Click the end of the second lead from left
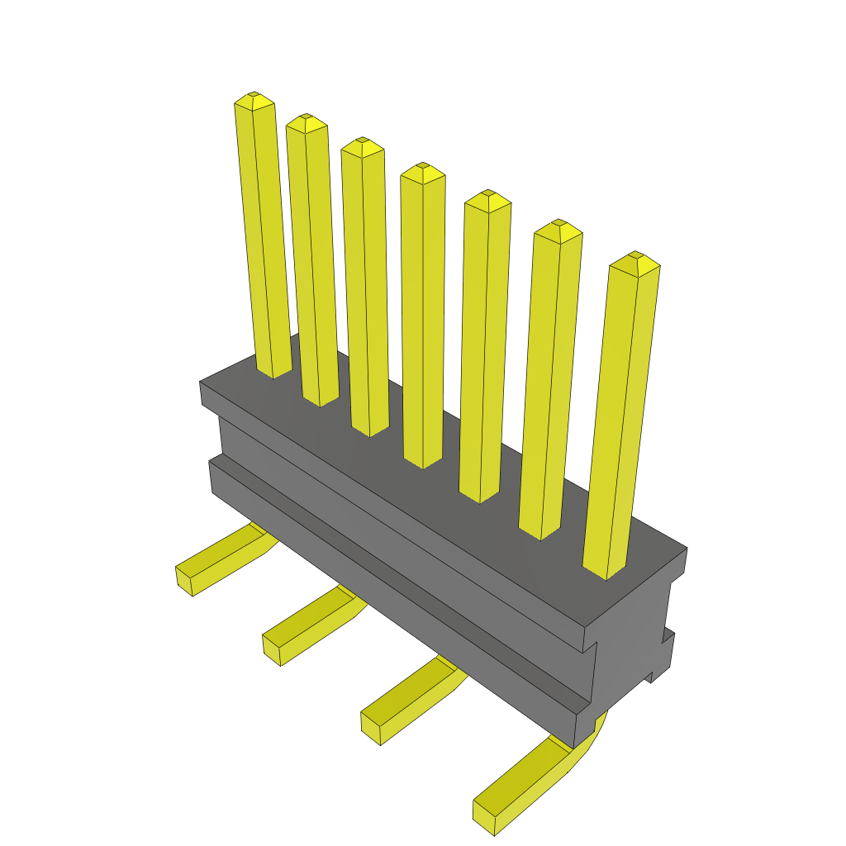click(x=271, y=649)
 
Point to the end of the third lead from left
click(x=371, y=727)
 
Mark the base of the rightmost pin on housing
click(x=606, y=570)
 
